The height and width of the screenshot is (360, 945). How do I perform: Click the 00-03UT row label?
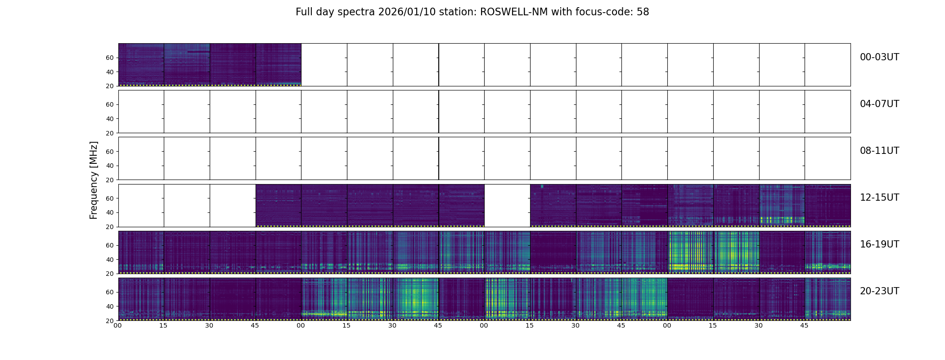click(879, 57)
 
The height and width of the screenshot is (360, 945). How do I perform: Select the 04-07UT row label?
click(879, 104)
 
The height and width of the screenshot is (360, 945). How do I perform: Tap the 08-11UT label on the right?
click(879, 151)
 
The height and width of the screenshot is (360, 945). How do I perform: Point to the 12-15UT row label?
click(879, 198)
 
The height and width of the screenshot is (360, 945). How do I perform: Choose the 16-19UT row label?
click(879, 244)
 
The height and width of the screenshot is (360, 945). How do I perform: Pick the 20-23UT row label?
click(879, 291)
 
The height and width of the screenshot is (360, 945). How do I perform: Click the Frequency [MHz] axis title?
click(94, 180)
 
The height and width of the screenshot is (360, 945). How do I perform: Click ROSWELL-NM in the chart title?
click(514, 12)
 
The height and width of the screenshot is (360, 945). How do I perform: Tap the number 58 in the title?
click(643, 12)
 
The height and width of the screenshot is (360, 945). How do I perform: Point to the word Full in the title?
click(304, 12)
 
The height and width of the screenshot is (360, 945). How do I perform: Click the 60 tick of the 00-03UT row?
click(110, 58)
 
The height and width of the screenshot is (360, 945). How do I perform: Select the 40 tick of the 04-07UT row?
click(110, 119)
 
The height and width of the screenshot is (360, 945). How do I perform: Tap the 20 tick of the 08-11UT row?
click(110, 180)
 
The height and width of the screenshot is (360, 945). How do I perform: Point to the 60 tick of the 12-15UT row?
click(110, 198)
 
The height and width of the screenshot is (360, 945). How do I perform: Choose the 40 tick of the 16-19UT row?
click(110, 260)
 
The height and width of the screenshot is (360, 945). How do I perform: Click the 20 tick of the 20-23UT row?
click(110, 321)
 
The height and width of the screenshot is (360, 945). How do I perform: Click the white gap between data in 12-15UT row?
click(507, 205)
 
